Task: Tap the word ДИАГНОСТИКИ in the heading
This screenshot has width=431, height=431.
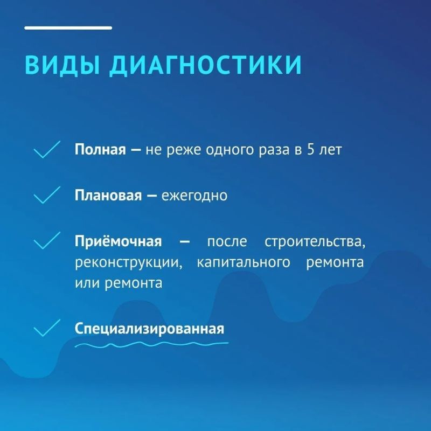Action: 205,65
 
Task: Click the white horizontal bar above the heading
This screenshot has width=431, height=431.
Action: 68,28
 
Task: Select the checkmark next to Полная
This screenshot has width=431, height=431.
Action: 47,150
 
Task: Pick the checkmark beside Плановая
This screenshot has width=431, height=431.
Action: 47,195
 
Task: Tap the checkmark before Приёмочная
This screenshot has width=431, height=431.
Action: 47,240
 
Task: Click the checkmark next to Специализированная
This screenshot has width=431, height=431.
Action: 47,328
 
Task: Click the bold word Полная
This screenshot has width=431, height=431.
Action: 100,150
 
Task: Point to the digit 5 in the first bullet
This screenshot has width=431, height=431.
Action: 311,150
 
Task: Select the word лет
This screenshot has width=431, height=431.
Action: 330,150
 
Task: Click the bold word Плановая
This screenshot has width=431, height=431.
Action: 108,195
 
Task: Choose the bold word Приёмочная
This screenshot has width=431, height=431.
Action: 118,241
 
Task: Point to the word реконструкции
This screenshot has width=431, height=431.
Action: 129,263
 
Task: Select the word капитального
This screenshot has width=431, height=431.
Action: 244,262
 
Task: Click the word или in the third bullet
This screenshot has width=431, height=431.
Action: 87,283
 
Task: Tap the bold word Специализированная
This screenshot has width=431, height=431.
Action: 149,329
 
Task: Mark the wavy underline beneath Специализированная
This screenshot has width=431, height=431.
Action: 151,344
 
